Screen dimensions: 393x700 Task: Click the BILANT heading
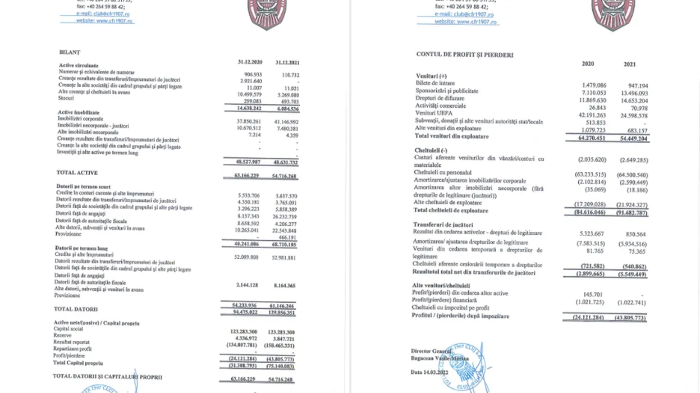coord(70,52)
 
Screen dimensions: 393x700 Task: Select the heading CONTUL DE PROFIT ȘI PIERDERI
coord(464,54)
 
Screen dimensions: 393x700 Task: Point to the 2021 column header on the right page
coord(629,64)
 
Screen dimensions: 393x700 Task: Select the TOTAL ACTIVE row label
coord(77,172)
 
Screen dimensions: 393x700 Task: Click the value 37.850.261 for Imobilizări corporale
coord(248,121)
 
